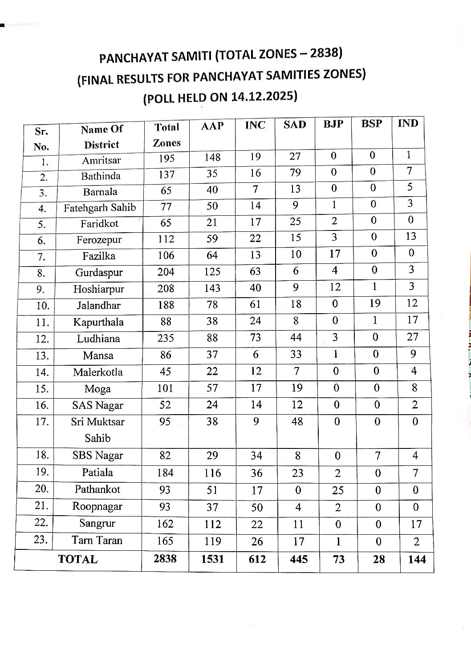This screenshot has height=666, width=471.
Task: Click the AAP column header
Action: (x=212, y=126)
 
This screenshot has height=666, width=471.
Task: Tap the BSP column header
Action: (x=372, y=124)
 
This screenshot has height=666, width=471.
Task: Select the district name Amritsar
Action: (x=102, y=160)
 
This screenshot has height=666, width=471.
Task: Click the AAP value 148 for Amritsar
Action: (x=212, y=157)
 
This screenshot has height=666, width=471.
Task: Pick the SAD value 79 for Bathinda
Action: (x=295, y=173)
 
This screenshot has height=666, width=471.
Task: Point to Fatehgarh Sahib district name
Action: (x=100, y=208)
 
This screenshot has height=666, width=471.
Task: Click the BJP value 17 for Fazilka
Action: (x=335, y=254)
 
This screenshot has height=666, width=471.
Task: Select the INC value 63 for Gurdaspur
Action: (x=255, y=271)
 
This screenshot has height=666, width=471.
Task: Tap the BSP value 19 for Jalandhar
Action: (x=375, y=303)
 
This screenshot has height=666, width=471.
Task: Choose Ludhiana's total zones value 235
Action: (x=166, y=338)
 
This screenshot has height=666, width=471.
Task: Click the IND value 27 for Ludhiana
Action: (x=413, y=337)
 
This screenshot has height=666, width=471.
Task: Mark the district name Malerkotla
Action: (x=98, y=372)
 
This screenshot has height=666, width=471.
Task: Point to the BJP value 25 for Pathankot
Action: (x=337, y=490)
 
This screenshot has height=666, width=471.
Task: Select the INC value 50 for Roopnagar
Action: (x=257, y=507)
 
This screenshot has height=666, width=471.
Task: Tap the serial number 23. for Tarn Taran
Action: (x=41, y=540)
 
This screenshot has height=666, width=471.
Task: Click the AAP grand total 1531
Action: (x=212, y=559)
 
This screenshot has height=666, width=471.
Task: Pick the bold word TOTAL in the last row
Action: (x=77, y=559)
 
